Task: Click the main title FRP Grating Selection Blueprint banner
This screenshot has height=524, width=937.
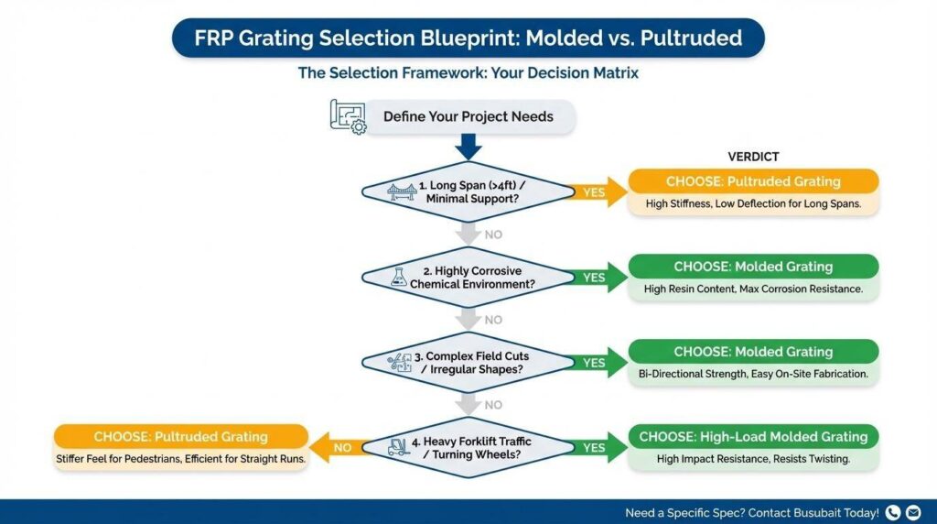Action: [468, 38]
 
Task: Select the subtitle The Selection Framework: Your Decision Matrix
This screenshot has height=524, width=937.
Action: [468, 73]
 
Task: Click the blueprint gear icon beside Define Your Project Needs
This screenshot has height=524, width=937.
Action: [347, 118]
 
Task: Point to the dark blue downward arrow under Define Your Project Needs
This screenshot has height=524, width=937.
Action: [468, 147]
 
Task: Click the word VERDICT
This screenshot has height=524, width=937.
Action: [753, 157]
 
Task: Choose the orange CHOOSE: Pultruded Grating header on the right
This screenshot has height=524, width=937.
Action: [753, 181]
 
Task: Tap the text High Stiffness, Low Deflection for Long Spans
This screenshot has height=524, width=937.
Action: [753, 204]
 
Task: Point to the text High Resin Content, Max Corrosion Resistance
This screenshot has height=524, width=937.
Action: [753, 289]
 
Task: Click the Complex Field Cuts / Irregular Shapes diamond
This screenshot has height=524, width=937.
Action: [468, 363]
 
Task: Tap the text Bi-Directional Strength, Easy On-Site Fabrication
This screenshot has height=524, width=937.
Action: [753, 375]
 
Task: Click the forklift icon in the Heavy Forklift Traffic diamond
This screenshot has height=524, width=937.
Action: [399, 448]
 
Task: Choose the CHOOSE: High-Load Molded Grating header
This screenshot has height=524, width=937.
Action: [753, 436]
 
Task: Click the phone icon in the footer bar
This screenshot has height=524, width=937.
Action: [893, 513]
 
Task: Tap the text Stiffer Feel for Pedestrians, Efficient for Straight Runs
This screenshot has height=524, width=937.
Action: [179, 459]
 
